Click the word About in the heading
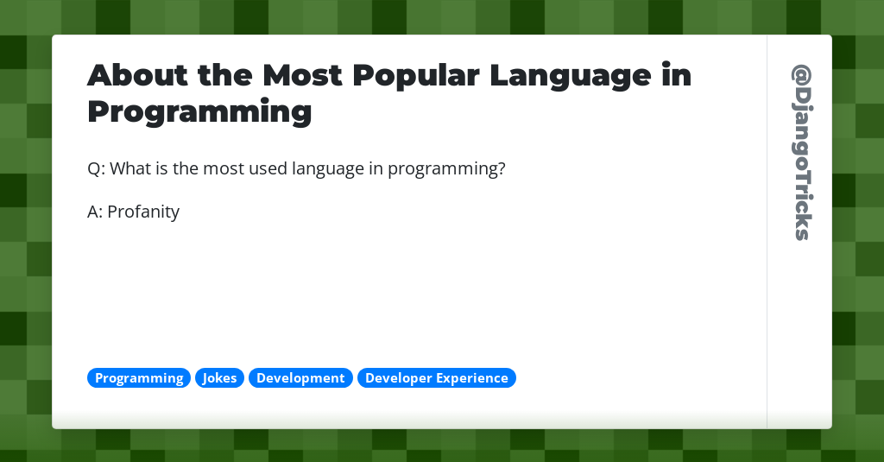(x=137, y=76)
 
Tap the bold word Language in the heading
(x=570, y=76)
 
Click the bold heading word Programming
(x=199, y=112)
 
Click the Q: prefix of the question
(x=96, y=168)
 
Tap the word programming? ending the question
(x=446, y=169)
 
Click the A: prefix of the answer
(x=95, y=212)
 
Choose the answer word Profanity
(x=143, y=212)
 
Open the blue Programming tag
(x=139, y=378)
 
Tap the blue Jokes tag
(x=220, y=378)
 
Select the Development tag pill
(x=300, y=378)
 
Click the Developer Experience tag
(x=437, y=378)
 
